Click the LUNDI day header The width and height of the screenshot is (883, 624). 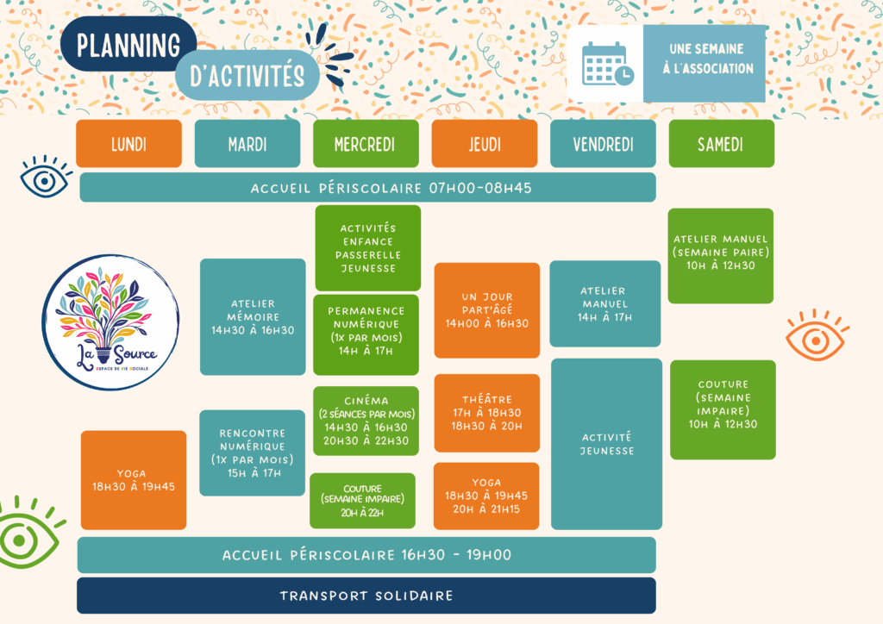128,143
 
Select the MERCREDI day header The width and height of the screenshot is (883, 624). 365,143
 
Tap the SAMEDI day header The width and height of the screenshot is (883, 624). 721,143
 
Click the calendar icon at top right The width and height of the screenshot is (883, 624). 606,64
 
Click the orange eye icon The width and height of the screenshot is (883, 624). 816,335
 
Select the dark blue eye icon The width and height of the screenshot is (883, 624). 46,178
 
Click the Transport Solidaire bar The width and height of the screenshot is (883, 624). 366,596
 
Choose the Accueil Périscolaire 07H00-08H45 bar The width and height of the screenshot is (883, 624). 367,188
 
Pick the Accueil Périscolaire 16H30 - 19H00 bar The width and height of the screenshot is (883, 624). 366,555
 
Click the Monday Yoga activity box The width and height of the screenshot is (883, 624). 134,479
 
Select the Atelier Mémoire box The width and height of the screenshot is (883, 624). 253,316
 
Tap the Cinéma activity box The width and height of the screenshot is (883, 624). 366,421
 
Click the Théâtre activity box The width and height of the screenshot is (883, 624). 486,412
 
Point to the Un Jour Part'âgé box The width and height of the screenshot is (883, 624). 486,310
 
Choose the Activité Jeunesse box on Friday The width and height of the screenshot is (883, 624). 606,443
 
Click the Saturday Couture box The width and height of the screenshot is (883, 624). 723,409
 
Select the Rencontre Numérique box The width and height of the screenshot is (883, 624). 252,452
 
